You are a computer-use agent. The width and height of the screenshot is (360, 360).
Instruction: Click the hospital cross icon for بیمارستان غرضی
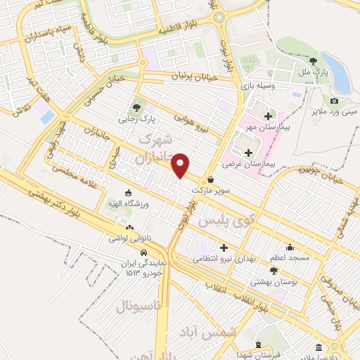[247, 152]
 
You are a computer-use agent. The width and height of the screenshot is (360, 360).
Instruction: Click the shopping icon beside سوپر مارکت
[211, 179]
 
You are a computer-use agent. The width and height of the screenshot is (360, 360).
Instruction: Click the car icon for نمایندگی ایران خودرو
[143, 252]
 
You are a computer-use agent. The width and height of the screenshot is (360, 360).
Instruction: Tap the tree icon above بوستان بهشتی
[274, 270]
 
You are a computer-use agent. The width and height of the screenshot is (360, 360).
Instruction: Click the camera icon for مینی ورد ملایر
[334, 101]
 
